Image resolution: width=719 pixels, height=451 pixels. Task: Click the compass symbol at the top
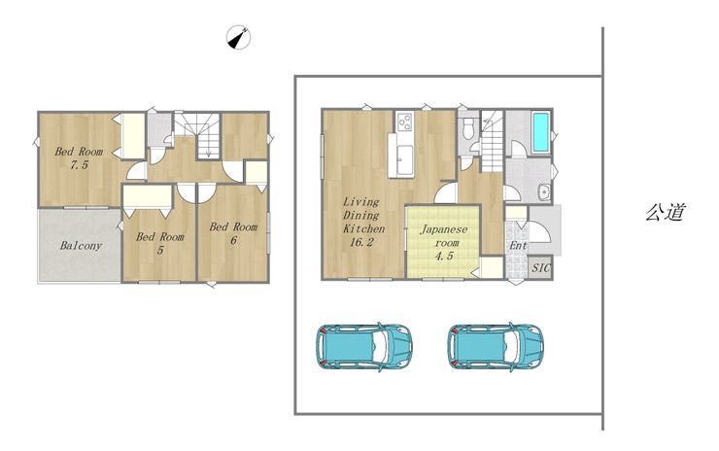(x=238, y=37)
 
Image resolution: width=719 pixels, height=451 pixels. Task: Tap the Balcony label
(x=81, y=246)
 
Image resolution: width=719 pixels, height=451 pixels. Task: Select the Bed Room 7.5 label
(x=79, y=157)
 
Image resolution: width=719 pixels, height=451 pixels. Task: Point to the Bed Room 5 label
(x=160, y=243)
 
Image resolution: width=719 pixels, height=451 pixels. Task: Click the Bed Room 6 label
(x=233, y=233)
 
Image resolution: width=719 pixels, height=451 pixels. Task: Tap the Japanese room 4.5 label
(x=444, y=242)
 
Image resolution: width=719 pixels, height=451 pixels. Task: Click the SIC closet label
(x=540, y=267)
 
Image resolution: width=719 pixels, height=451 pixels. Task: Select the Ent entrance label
(x=518, y=246)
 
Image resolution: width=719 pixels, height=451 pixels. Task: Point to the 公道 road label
(x=666, y=212)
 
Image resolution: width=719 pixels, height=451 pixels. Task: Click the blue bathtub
(x=540, y=133)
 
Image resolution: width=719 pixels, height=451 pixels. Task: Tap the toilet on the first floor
(x=468, y=128)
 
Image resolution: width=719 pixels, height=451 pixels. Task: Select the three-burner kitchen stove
(x=404, y=121)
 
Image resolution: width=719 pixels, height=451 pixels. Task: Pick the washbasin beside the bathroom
(x=544, y=191)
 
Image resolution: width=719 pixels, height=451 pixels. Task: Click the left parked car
(x=364, y=346)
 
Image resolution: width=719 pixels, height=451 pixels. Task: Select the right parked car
(x=496, y=346)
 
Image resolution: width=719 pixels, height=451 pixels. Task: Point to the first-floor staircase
(x=492, y=141)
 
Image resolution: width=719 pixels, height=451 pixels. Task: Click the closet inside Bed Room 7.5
(x=133, y=136)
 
